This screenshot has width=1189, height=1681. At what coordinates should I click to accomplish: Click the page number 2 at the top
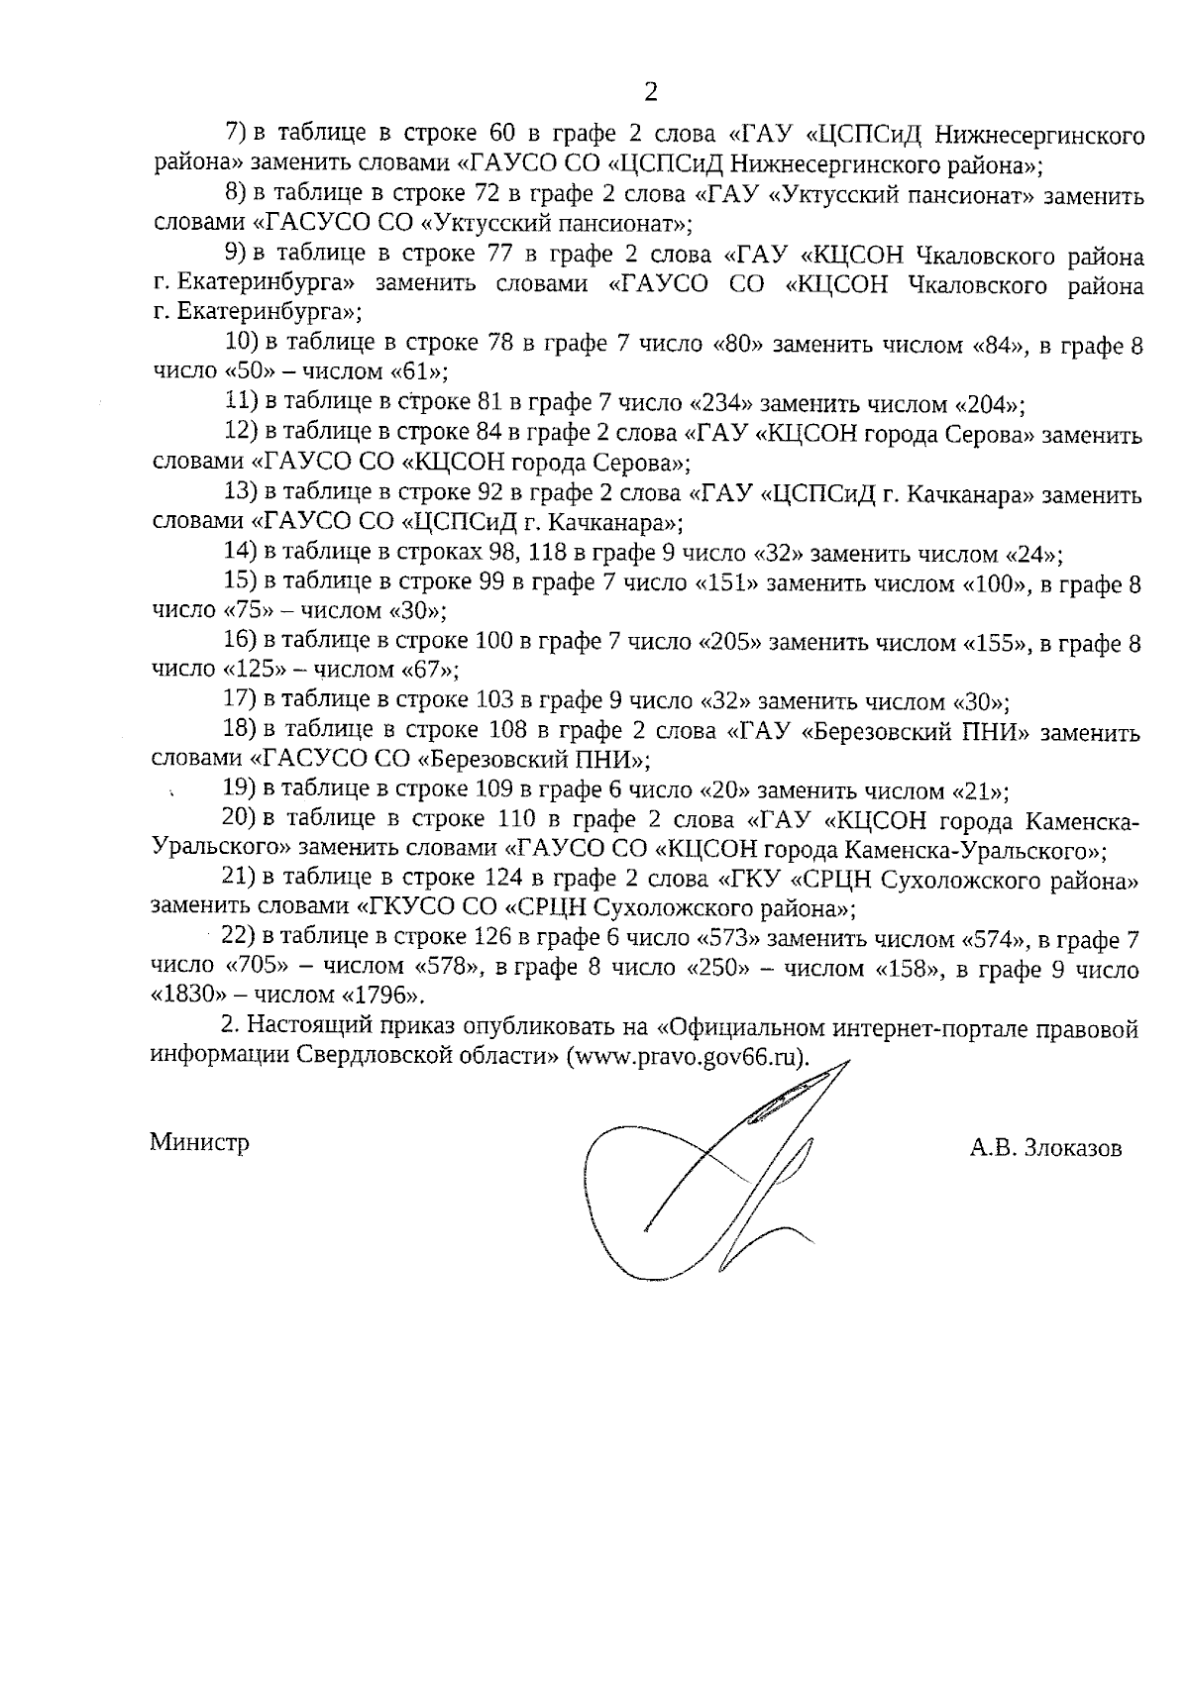[x=650, y=93]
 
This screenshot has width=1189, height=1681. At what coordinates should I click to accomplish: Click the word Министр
[x=199, y=1142]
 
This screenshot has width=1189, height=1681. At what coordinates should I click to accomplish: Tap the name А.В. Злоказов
[x=1046, y=1148]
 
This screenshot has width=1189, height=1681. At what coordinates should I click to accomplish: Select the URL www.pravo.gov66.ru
[x=687, y=1056]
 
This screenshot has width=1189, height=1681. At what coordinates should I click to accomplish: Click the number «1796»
[x=387, y=997]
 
